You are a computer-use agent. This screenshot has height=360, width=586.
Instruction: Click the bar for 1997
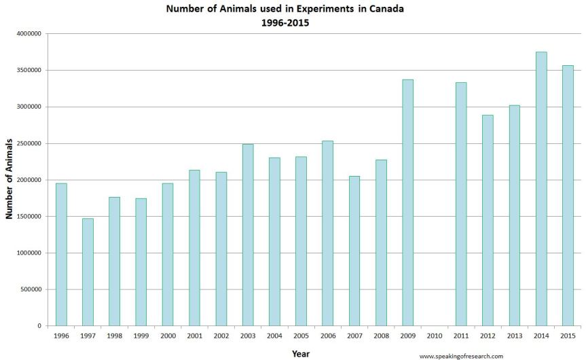(x=88, y=272)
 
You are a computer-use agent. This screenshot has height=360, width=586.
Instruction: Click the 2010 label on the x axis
(x=435, y=336)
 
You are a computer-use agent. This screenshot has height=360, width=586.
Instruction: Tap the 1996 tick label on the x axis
(x=61, y=336)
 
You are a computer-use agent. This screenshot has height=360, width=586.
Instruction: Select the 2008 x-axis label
(x=381, y=336)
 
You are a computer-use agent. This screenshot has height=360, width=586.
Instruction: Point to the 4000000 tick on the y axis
(x=29, y=34)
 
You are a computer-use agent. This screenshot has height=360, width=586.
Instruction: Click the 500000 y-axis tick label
(x=31, y=289)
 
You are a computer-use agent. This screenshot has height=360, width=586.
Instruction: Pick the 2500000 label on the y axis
(x=29, y=143)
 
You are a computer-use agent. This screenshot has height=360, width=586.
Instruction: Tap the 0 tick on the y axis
(x=40, y=326)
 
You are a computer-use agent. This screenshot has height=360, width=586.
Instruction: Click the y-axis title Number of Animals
(x=10, y=178)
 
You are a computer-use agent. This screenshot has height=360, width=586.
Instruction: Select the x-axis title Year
(x=301, y=353)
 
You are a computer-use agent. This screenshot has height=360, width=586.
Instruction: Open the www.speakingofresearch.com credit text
(x=461, y=356)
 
